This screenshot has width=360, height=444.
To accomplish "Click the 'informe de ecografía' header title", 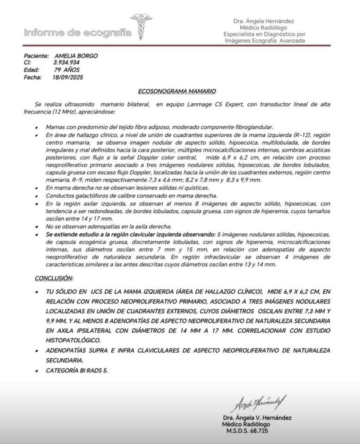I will [78, 33].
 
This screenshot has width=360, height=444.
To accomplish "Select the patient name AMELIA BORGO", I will [76, 56].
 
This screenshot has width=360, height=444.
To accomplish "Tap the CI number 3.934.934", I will [66, 63].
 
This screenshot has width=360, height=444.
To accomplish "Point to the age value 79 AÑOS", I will [67, 70].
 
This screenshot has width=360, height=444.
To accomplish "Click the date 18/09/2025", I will [67, 77].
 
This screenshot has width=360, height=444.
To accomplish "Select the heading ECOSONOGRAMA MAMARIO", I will [177, 91].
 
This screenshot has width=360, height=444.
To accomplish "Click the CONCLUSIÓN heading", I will [54, 278].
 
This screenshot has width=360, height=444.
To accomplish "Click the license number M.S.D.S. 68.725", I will [247, 431].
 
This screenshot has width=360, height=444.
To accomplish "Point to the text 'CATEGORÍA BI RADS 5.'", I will [77, 370].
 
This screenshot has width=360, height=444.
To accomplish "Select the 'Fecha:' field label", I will [33, 77].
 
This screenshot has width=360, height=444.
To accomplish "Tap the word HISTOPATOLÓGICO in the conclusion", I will [72, 340].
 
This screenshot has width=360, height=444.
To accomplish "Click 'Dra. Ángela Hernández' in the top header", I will [264, 21].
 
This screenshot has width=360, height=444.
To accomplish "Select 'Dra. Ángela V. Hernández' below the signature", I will [257, 418].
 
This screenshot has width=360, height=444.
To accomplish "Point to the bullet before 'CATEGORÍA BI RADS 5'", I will [37, 371].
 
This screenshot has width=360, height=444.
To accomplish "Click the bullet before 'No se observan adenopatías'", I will [37, 228].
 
